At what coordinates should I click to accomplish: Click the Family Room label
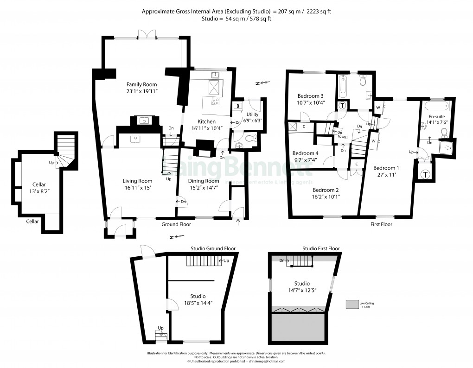point(142,84)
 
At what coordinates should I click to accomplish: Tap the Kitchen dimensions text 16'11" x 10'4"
point(207,128)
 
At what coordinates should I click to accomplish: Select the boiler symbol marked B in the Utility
point(238,106)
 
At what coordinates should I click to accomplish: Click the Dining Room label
point(203,181)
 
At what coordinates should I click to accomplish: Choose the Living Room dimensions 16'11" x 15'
point(137,188)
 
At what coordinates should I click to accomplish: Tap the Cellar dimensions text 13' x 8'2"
point(38,191)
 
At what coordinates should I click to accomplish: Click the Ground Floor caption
point(176,224)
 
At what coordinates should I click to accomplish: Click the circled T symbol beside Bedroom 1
point(425,175)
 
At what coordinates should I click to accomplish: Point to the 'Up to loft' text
point(342,134)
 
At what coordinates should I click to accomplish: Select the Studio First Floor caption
point(321,248)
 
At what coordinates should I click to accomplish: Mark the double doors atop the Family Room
point(147,35)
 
